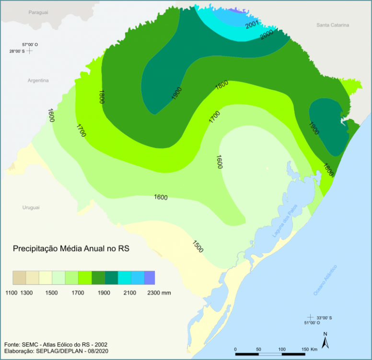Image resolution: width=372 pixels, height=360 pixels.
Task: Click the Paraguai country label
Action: click(x=38, y=12)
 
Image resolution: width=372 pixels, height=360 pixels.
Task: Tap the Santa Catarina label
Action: click(x=333, y=25)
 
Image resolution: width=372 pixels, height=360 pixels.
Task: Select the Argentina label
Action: click(x=38, y=81)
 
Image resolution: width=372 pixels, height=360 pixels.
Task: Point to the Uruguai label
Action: click(x=31, y=207)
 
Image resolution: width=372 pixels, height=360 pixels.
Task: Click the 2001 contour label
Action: click(x=253, y=24)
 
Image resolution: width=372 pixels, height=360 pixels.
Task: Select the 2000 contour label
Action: click(x=267, y=35)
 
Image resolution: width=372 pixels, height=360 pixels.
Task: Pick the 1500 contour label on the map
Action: click(x=198, y=246)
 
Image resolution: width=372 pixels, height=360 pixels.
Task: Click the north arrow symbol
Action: click(x=325, y=342)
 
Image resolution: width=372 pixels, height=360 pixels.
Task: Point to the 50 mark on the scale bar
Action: click(x=258, y=349)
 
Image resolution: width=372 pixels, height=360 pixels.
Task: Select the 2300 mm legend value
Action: click(x=158, y=292)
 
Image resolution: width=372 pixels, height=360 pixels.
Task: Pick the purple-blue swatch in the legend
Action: click(x=149, y=278)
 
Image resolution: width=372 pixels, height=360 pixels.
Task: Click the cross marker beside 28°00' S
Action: click(x=29, y=50)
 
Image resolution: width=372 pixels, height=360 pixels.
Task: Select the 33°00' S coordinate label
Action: click(x=324, y=317)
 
